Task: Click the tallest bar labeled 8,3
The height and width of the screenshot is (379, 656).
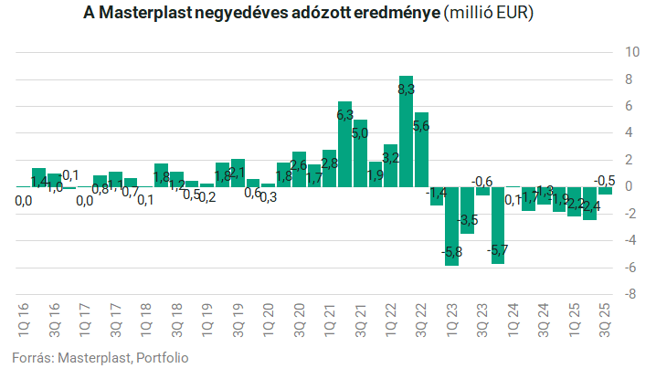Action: pyautogui.click(x=406, y=132)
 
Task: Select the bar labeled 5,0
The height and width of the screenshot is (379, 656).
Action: pyautogui.click(x=360, y=153)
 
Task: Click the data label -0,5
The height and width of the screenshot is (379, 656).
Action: pyautogui.click(x=604, y=181)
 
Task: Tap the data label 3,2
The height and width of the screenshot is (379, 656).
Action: pyautogui.click(x=390, y=158)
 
